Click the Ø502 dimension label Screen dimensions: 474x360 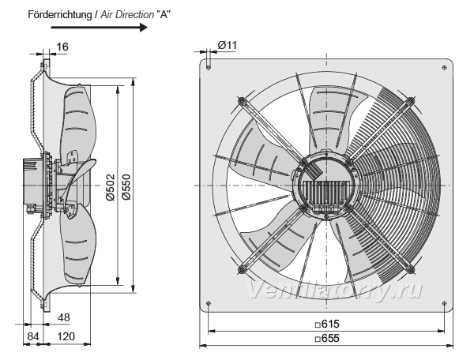point(111,187)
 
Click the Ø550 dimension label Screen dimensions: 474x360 point(126,187)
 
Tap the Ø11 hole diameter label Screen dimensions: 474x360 point(228,45)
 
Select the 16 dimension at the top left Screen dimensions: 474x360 point(62,47)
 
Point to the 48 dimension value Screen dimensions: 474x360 point(64,317)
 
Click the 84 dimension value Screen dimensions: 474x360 point(33,336)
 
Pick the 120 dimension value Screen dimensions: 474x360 point(66,336)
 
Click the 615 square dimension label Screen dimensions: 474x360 point(327,324)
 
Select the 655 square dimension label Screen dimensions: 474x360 point(327,338)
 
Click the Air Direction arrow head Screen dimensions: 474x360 point(143,28)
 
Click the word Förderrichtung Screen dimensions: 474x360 point(59,14)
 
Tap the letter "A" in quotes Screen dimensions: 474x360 point(164,14)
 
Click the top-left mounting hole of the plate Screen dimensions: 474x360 point(209,67)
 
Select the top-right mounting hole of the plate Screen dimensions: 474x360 point(444,67)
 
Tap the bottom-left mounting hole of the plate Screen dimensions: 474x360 point(209,303)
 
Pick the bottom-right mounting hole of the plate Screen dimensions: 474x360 point(444,303)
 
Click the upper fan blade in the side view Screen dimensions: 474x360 point(78,121)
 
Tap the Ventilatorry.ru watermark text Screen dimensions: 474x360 point(335,290)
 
